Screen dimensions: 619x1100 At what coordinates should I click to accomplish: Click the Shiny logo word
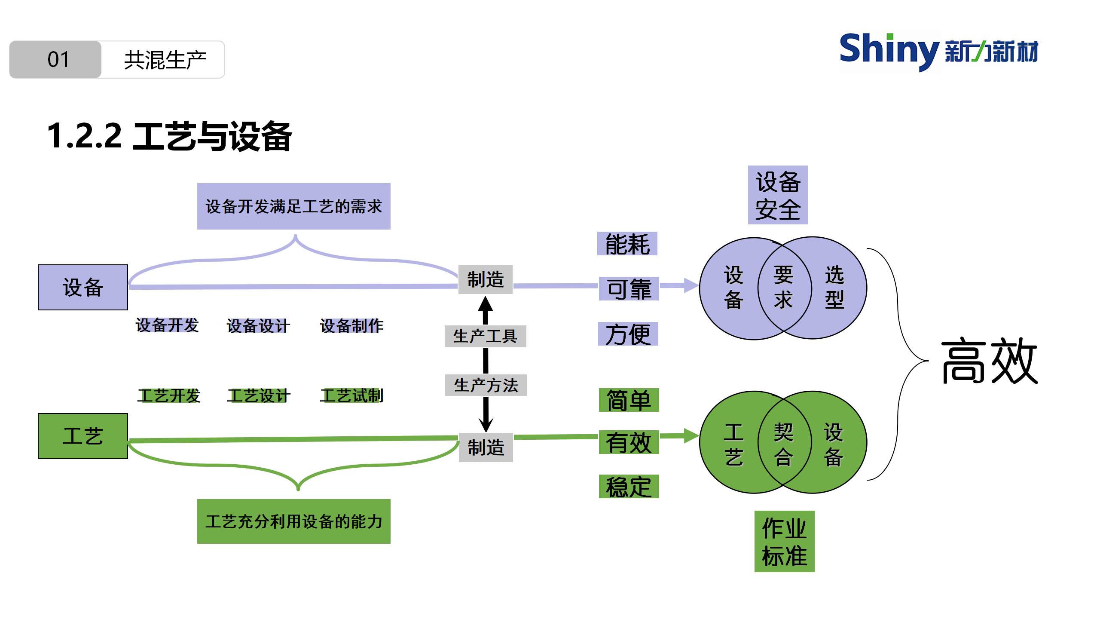(x=889, y=50)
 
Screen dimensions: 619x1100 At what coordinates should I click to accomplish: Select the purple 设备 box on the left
(x=83, y=287)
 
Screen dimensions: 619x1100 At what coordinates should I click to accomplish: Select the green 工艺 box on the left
(x=83, y=436)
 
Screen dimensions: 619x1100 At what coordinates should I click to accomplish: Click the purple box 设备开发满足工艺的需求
(x=293, y=206)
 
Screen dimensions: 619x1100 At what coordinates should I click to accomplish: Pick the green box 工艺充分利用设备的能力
(x=293, y=521)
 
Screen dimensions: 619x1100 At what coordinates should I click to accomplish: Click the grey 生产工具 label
(x=485, y=336)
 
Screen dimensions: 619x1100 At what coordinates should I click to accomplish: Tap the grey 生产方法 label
(x=486, y=385)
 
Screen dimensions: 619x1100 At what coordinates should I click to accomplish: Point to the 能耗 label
(x=627, y=244)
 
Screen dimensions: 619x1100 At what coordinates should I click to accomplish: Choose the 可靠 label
(x=629, y=289)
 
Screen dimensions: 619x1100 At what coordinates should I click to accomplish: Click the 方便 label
(x=628, y=334)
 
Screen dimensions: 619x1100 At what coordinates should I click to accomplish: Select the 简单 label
(x=629, y=400)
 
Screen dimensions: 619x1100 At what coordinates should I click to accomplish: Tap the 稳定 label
(x=629, y=487)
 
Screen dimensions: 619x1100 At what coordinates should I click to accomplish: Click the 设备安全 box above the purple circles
(x=778, y=195)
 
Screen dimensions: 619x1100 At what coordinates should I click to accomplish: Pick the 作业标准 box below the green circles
(x=784, y=541)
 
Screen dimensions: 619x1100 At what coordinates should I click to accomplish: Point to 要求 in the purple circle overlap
(x=783, y=287)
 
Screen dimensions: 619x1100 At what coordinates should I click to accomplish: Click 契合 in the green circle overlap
(x=783, y=444)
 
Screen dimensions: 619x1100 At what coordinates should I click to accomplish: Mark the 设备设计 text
(x=258, y=326)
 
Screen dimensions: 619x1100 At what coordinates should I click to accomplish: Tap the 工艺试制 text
(x=351, y=395)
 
